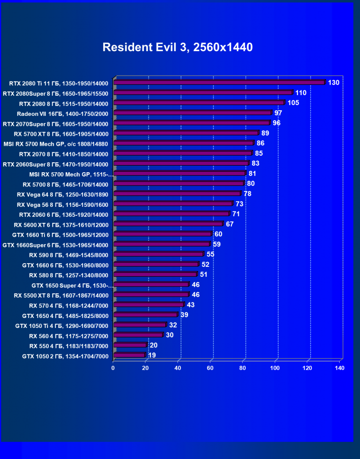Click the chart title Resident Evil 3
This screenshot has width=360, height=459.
tap(178, 47)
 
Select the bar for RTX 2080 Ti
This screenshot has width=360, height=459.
tap(219, 83)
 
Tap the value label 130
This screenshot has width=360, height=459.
tap(333, 83)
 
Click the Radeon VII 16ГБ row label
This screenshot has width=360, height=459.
tap(63, 114)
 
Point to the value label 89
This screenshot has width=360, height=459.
tap(265, 133)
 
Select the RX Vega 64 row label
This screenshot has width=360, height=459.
tap(63, 194)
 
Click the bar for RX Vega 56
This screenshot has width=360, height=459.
tap(173, 204)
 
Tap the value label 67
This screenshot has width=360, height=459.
tap(230, 224)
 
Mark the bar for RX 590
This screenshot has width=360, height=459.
tap(159, 254)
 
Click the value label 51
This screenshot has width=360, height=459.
tap(204, 274)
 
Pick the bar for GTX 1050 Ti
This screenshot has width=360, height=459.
tap(140, 325)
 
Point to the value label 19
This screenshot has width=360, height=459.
tap(152, 355)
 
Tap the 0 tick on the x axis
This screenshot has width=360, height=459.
tap(113, 368)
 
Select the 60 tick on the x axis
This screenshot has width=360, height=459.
tap(210, 368)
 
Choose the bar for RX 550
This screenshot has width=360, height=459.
tap(130, 345)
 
